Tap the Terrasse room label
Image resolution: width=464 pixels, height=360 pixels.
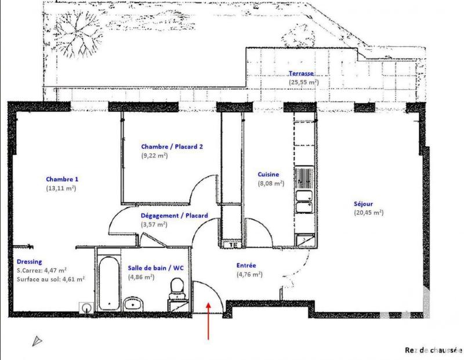coord(302,74)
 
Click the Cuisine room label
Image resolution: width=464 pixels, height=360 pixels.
coord(269,174)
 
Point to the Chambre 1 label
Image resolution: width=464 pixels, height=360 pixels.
coord(62,179)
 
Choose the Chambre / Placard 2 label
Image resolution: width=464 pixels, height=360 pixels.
coord(172,147)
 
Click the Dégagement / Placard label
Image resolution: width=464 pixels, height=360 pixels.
coord(175,215)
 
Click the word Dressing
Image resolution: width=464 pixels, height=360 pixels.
coord(29,261)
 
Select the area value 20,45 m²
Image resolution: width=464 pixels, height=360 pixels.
coord(368,213)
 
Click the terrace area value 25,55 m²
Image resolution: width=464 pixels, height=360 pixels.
coord(303,82)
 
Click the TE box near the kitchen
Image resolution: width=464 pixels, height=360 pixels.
coord(233,245)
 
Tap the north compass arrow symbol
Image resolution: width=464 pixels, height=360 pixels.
coord(38,341)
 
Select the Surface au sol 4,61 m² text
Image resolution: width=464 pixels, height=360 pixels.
coord(51,279)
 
